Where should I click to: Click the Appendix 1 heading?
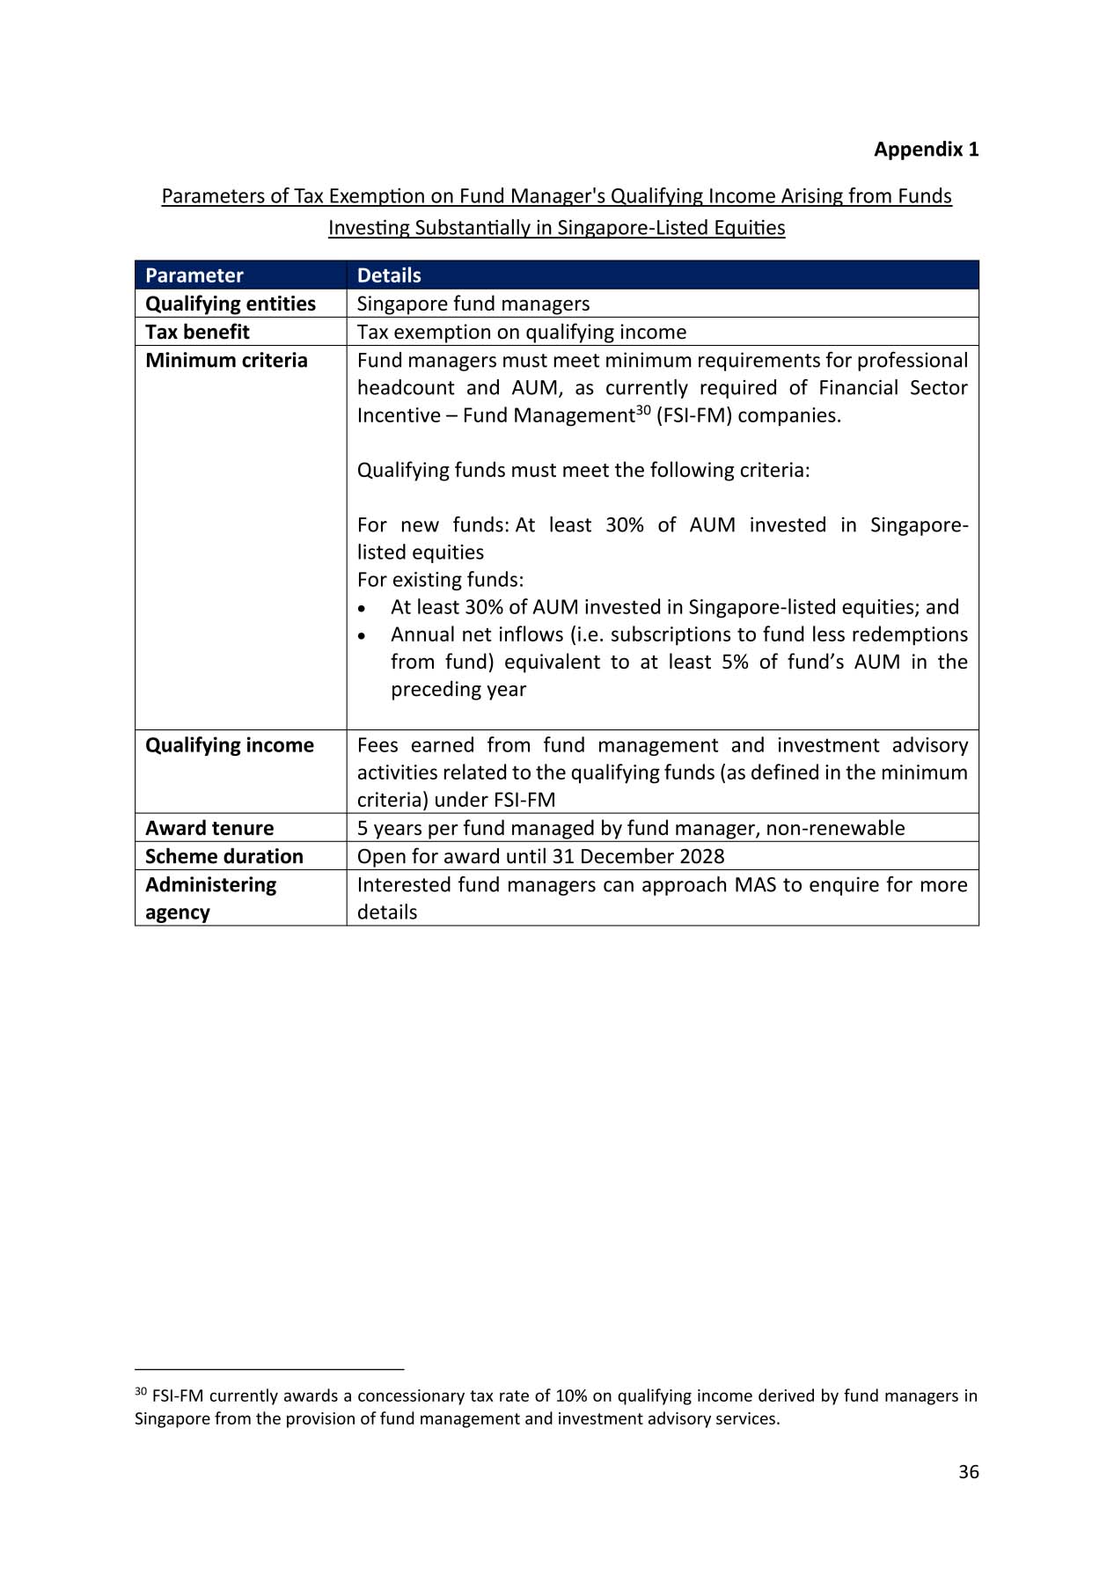[925, 150]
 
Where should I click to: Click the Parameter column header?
[194, 275]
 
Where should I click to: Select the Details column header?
[389, 275]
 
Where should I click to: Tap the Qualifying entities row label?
[230, 304]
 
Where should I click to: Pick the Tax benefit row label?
[197, 332]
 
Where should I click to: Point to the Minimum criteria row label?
[226, 361]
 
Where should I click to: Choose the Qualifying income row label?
[229, 745]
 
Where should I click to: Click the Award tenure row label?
[209, 828]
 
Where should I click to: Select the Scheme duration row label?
[224, 856]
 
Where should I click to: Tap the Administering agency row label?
[210, 897]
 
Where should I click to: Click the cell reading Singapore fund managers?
[473, 304]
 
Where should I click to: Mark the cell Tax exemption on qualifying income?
[521, 332]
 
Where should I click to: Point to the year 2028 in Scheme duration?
[701, 856]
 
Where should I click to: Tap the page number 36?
[968, 1472]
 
